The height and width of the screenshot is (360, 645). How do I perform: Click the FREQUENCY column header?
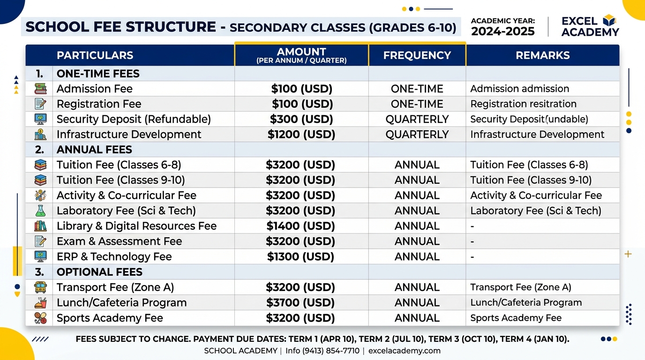417,55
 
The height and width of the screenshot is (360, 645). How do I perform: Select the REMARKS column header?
542,55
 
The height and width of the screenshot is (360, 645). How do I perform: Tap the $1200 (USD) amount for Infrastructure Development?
301,135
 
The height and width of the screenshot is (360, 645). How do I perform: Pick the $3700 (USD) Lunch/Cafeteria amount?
300,303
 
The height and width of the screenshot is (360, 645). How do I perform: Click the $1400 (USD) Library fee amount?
300,226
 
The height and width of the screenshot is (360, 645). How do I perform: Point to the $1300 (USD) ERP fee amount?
300,256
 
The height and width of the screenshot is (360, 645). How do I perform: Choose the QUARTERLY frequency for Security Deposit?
417,119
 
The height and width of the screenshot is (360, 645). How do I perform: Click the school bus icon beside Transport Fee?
40,287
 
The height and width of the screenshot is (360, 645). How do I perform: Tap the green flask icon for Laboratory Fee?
40,211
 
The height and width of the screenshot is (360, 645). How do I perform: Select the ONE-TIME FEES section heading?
98,74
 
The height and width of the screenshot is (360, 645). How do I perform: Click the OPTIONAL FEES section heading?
99,272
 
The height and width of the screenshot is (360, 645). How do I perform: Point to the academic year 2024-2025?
503,31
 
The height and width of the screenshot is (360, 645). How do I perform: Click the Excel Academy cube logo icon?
609,20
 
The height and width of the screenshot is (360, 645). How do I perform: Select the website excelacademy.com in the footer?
404,351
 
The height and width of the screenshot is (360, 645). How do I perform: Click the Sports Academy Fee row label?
110,318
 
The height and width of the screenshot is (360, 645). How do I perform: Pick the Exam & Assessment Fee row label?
119,241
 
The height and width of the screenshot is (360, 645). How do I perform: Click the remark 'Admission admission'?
519,89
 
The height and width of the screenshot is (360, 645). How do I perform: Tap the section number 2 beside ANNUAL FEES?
39,150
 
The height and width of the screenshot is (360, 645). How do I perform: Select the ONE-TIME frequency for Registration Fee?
417,104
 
